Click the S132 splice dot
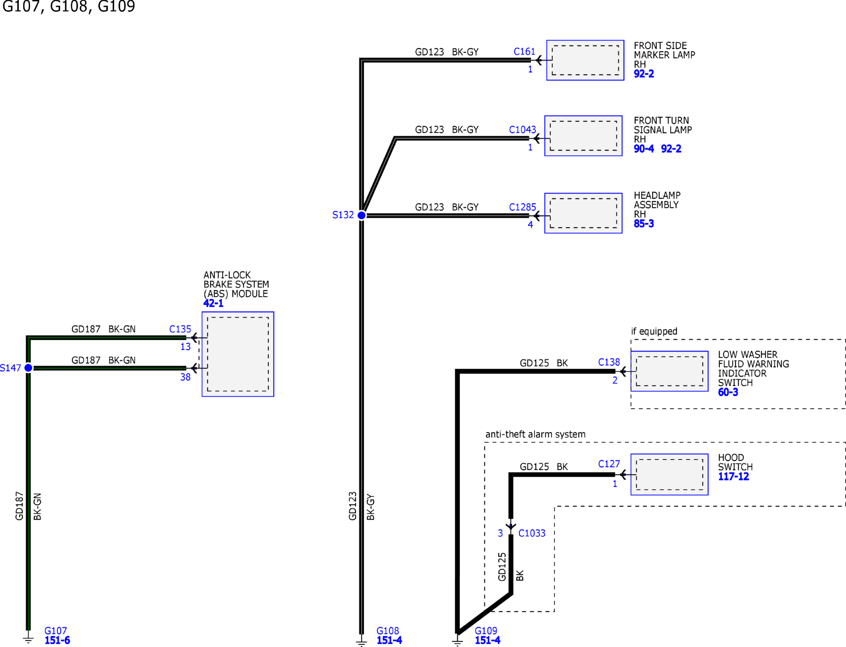coord(361,215)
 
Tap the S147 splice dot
coord(28,368)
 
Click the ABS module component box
coord(238,354)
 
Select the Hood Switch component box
coord(669,474)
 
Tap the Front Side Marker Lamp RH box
coord(585,60)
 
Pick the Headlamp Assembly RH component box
coord(583,213)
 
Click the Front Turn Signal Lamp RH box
coord(583,136)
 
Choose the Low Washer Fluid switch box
coord(669,371)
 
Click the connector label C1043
coord(522,130)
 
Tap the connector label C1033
coord(532,533)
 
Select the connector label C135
coord(180,329)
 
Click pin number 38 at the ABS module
coord(185,377)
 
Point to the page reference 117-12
coord(733,476)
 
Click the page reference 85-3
coord(643,223)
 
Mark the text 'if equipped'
coord(654,331)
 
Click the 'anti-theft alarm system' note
coord(535,434)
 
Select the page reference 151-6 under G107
coord(57,640)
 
